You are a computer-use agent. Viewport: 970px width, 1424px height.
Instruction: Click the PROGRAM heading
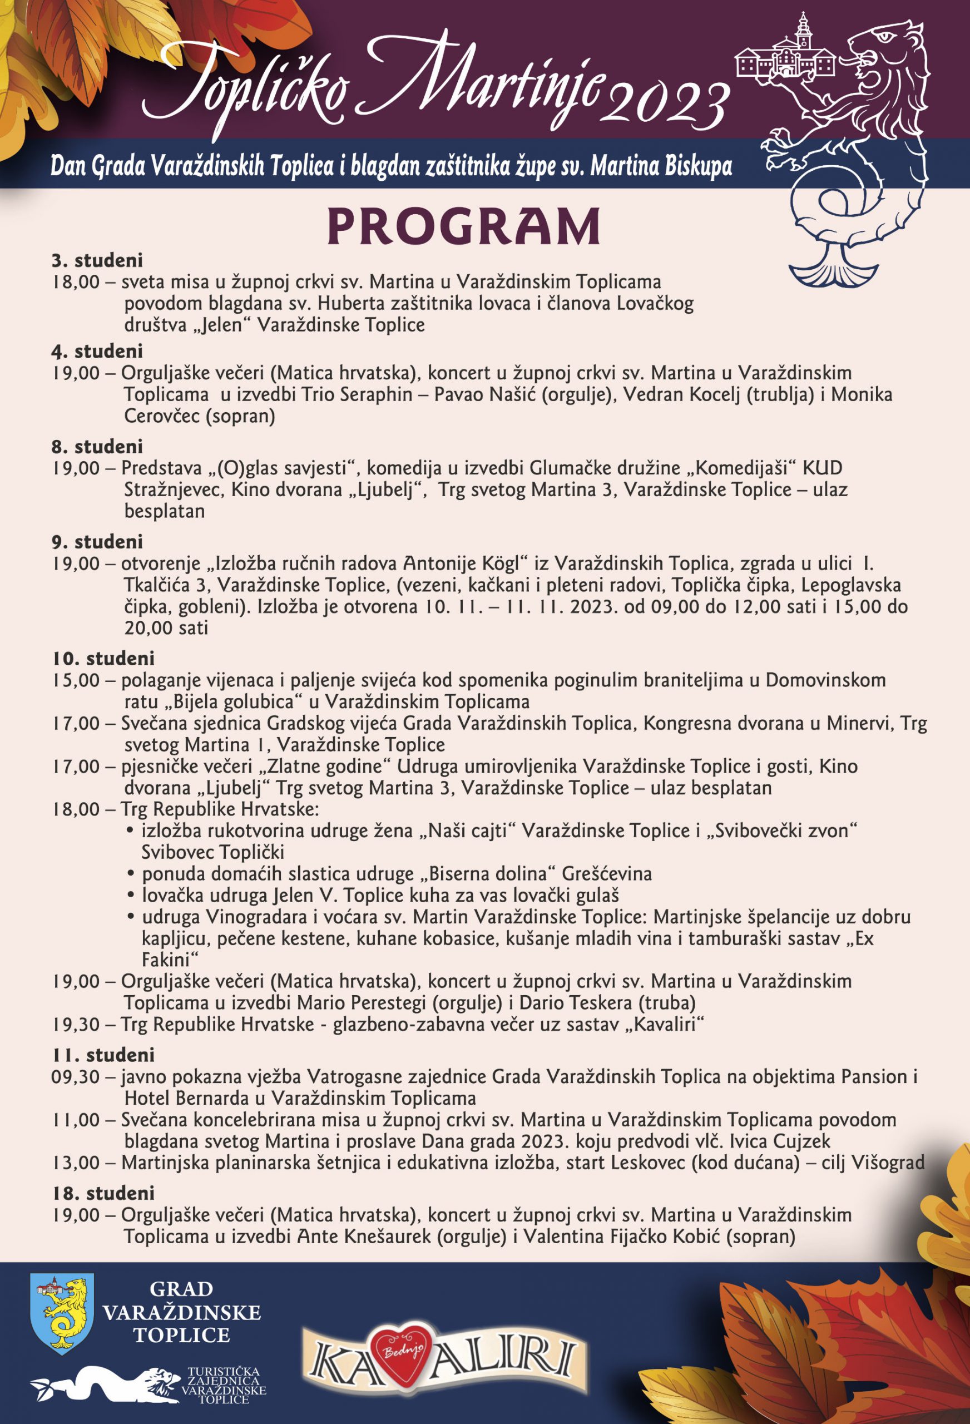pyautogui.click(x=463, y=227)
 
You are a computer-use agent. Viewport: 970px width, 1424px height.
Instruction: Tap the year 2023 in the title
pyautogui.click(x=668, y=102)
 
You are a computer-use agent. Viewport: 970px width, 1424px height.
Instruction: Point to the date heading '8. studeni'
pyautogui.click(x=97, y=446)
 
